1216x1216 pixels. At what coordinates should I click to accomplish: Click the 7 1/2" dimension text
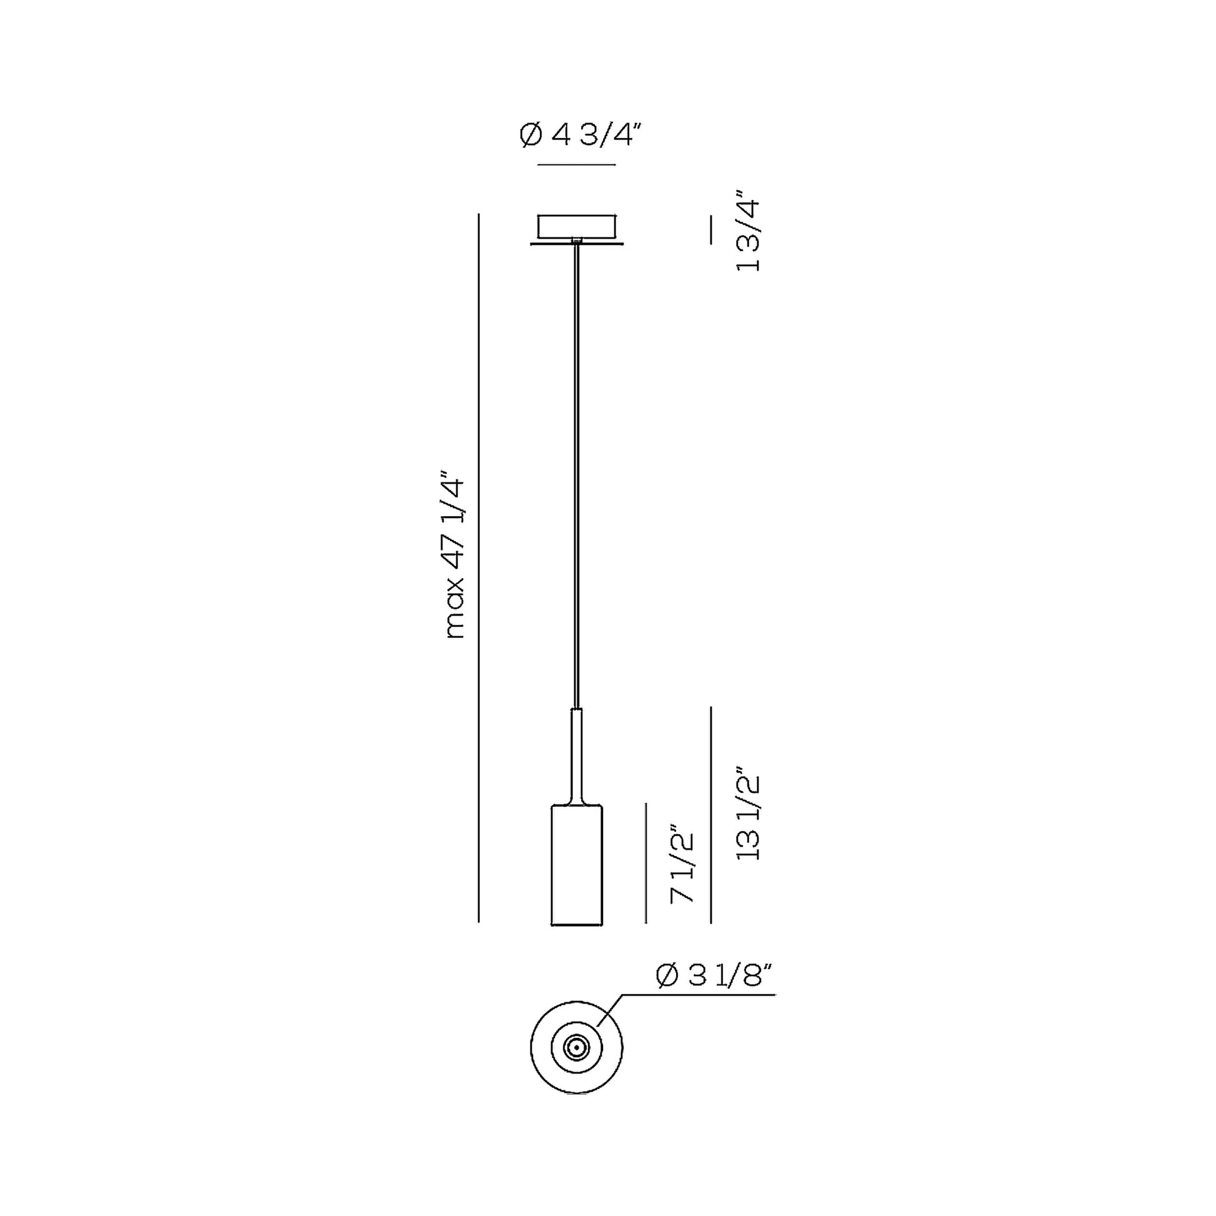tap(682, 864)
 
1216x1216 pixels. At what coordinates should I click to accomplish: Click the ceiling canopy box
tap(577, 226)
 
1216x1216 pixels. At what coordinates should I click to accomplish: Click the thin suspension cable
tap(576, 472)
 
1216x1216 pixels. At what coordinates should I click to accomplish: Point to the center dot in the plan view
tap(577, 1048)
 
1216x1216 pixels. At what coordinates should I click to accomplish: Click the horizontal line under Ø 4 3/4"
tap(577, 165)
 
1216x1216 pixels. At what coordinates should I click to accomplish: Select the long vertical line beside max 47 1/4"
tap(479, 567)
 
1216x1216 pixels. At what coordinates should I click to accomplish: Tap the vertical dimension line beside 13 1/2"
tap(711, 814)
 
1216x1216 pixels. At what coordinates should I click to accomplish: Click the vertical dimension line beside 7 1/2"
tap(646, 863)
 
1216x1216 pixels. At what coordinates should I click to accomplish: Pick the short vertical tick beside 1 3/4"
tap(711, 230)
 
